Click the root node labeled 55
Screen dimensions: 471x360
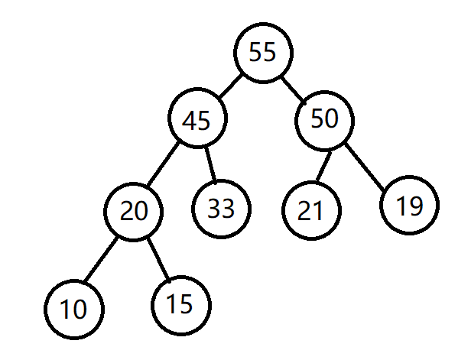pyautogui.click(x=263, y=53)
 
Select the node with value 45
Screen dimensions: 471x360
pyautogui.click(x=197, y=118)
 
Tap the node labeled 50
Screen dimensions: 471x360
pyautogui.click(x=325, y=120)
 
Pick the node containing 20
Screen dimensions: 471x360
pyautogui.click(x=133, y=212)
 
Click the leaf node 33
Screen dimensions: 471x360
pyautogui.click(x=221, y=209)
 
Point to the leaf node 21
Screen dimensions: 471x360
pyautogui.click(x=311, y=210)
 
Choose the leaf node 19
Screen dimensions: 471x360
pyautogui.click(x=409, y=205)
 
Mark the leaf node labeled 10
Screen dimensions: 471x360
pyautogui.click(x=74, y=310)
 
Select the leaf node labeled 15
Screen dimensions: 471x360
pyautogui.click(x=180, y=305)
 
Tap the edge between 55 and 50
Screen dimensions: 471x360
pyautogui.click(x=294, y=91)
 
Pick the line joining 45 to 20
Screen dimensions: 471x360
pyautogui.click(x=163, y=164)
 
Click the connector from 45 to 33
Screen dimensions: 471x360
pyautogui.click(x=210, y=165)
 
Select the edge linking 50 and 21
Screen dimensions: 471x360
pyautogui.click(x=324, y=167)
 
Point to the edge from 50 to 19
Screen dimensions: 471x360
pyautogui.click(x=365, y=167)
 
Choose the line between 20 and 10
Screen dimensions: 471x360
pyautogui.click(x=100, y=260)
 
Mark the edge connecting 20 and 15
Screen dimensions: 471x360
pyautogui.click(x=158, y=261)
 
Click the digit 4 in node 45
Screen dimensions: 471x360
pyautogui.click(x=190, y=121)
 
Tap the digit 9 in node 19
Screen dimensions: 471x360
pyautogui.click(x=416, y=206)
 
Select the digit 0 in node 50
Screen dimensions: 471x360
pyautogui.click(x=331, y=118)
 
